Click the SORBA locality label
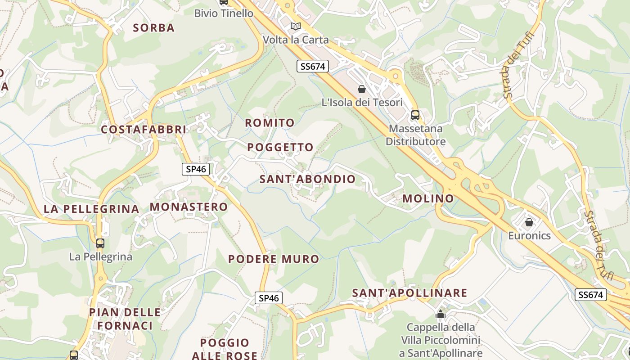154,28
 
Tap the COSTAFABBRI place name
143,130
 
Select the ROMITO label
270,123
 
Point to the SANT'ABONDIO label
307,179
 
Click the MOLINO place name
428,198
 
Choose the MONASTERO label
189,207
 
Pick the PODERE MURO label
273,259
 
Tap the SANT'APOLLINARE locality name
409,293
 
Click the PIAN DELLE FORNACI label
125,319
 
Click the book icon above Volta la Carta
296,27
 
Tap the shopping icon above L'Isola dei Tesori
362,89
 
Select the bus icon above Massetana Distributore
415,115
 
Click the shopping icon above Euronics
529,222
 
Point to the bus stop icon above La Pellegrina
100,243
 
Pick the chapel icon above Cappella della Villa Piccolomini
441,314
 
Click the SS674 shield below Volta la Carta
313,67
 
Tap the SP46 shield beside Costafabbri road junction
196,169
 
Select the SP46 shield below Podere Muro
269,298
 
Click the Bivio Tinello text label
224,13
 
